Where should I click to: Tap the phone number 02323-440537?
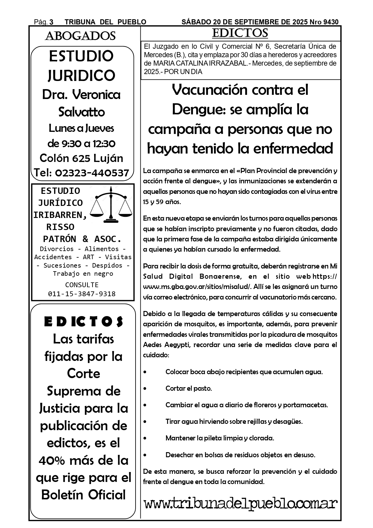(x=92, y=173)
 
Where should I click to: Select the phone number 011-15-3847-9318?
(x=82, y=294)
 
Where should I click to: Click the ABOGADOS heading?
(x=80, y=36)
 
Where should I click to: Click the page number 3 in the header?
(x=51, y=22)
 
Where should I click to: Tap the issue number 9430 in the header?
(x=331, y=22)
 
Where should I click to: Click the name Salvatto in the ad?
(x=81, y=112)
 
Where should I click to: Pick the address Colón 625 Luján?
(x=81, y=158)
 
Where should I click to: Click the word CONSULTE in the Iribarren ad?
(x=82, y=285)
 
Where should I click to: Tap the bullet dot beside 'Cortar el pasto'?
(x=145, y=389)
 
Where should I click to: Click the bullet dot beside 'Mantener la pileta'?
(x=145, y=438)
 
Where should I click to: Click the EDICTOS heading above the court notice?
(x=240, y=33)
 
